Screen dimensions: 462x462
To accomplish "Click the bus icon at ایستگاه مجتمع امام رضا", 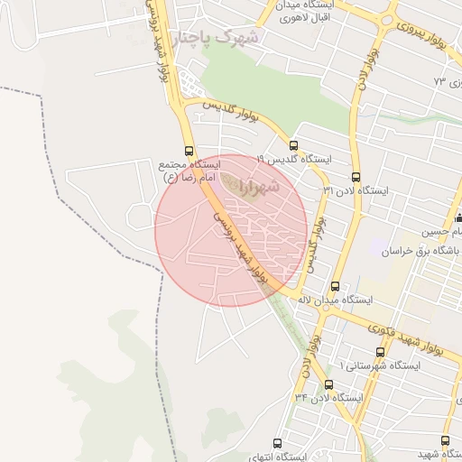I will coord(189,152).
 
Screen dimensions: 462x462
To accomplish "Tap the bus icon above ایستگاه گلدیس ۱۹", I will coord(293,145).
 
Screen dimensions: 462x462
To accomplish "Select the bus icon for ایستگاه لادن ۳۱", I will coord(356,178).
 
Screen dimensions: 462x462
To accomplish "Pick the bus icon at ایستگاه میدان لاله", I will coord(336,286).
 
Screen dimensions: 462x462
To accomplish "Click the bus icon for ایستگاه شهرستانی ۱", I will coord(379,352).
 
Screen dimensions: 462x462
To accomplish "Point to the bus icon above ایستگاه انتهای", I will coord(277,443).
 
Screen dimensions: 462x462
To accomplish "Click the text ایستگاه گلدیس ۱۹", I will coord(294,159).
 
